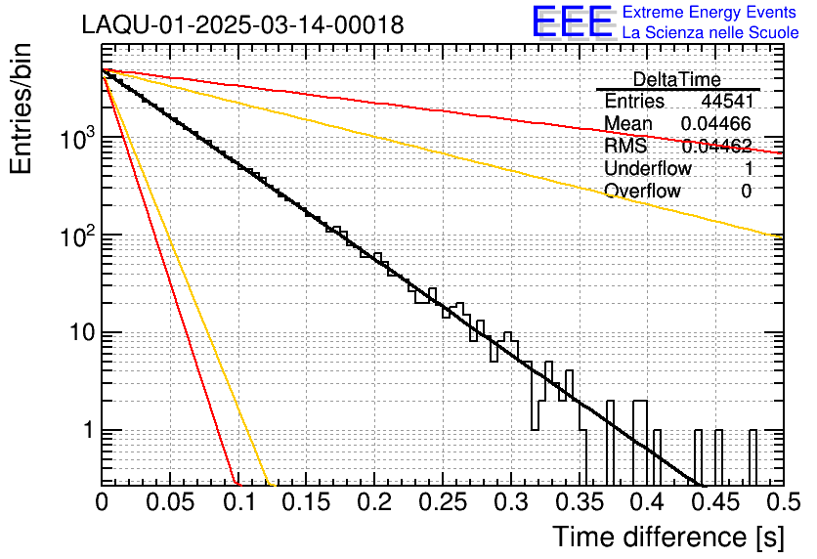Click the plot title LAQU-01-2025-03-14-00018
click(x=242, y=25)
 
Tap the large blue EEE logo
click(x=572, y=22)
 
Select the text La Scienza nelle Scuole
click(x=710, y=32)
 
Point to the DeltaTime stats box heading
click(x=677, y=79)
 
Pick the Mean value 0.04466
click(x=715, y=124)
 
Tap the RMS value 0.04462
click(x=716, y=147)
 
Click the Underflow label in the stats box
click(x=648, y=169)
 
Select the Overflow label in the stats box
click(x=642, y=192)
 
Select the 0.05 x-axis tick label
click(x=170, y=503)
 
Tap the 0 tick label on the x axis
click(x=102, y=503)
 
